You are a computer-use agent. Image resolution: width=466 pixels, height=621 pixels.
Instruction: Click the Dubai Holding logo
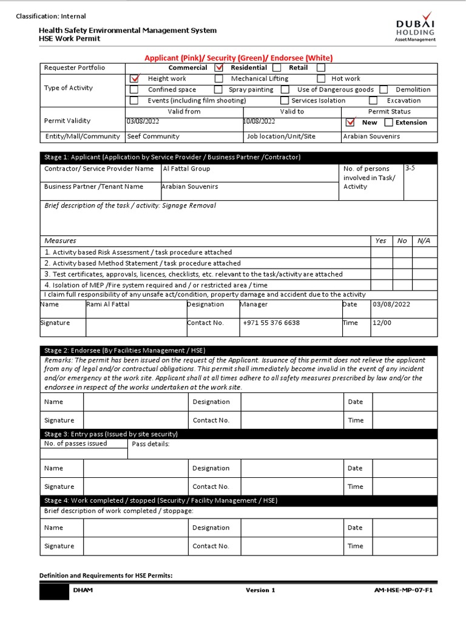point(416,27)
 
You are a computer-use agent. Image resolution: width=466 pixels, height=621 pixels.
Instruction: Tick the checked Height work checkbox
point(135,78)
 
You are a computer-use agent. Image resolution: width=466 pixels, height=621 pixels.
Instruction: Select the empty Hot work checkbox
point(322,78)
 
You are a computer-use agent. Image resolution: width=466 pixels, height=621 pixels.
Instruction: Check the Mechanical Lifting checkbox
point(218,78)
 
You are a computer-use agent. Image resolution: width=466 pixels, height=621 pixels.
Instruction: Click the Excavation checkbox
point(373,101)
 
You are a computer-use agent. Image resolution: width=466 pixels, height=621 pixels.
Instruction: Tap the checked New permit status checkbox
point(349,123)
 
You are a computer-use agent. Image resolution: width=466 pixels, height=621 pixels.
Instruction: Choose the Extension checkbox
point(389,123)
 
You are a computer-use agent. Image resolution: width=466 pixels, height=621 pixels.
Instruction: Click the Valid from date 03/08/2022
point(143,121)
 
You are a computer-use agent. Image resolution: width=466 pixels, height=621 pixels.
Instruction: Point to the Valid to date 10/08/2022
point(259,121)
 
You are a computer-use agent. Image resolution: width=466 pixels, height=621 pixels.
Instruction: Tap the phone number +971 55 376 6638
point(271,323)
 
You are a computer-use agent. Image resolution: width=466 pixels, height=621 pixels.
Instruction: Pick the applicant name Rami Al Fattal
point(108,304)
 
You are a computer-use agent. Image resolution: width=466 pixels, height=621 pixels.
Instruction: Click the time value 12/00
point(382,323)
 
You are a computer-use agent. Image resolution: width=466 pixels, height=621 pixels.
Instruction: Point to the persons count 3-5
point(410,167)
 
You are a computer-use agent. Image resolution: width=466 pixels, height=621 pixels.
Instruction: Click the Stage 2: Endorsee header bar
point(238,350)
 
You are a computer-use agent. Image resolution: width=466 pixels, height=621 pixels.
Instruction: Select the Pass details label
point(150,444)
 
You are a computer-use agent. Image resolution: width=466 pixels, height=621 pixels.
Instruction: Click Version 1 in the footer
point(260,590)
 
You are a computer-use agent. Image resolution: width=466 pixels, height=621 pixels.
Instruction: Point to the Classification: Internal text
point(51,16)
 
